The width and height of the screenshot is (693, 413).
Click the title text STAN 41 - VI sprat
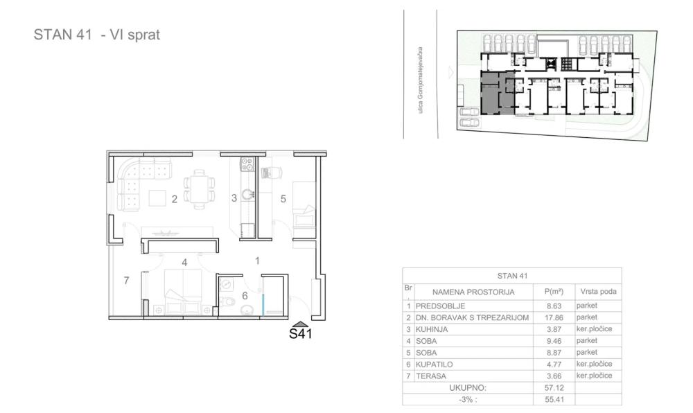point(97,35)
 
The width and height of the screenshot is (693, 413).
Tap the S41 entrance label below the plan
point(301,333)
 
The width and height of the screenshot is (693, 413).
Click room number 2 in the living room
point(175,199)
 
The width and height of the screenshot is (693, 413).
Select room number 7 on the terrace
point(126,281)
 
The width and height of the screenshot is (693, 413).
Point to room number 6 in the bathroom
point(245,296)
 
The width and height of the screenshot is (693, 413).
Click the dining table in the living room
point(200,189)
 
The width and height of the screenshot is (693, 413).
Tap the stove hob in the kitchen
point(247,164)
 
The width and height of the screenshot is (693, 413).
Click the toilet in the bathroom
point(228,302)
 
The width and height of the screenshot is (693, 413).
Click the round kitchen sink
point(248,194)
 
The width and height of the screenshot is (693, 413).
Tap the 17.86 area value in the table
point(554,317)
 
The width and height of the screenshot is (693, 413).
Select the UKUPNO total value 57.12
point(554,388)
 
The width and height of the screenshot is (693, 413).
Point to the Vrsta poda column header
point(598,292)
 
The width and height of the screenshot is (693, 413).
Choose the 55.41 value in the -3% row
point(554,400)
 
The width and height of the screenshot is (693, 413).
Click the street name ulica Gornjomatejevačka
point(421,80)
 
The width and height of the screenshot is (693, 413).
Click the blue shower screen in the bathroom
point(263,299)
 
